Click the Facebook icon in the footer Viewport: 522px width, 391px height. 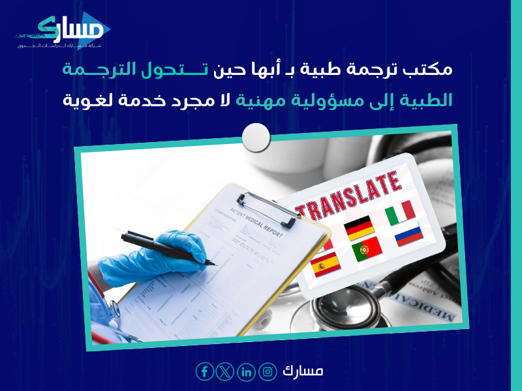point(205,372)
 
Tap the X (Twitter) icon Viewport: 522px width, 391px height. point(226,372)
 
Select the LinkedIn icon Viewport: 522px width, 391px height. point(247,372)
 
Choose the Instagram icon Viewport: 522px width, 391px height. point(268,372)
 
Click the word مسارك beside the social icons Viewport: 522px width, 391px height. point(304,371)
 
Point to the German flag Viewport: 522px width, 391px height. point(358,227)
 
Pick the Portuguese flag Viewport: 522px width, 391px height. point(367,250)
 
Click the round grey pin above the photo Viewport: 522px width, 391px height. point(256,136)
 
